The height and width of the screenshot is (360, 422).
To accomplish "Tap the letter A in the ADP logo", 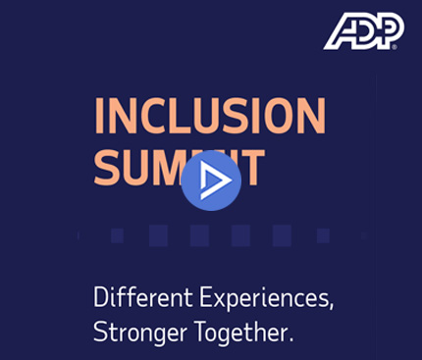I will coord(340,33).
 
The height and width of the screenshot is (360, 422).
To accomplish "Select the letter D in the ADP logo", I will coord(363,32).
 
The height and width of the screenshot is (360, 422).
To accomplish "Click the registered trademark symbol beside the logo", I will coord(395,45).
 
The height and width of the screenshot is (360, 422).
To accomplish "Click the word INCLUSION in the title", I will coord(209,118).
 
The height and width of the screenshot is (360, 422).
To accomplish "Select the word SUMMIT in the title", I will coord(181,169).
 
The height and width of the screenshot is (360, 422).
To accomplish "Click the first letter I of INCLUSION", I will coord(101,118).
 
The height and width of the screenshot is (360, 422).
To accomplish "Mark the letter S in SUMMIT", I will coord(109,169).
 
